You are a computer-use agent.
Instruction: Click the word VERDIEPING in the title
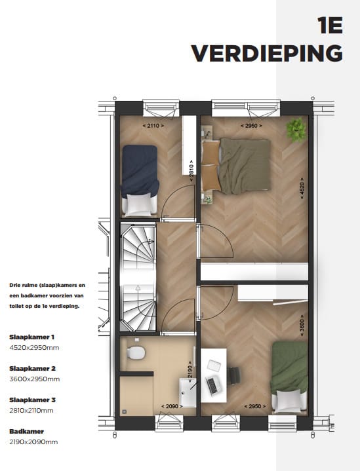(x=266, y=52)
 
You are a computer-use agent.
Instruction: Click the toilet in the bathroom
(x=136, y=353)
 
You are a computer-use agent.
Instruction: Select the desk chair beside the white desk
(x=233, y=375)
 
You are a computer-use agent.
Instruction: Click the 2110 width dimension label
(x=153, y=125)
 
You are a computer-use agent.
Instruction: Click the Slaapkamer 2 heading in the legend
(x=32, y=368)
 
